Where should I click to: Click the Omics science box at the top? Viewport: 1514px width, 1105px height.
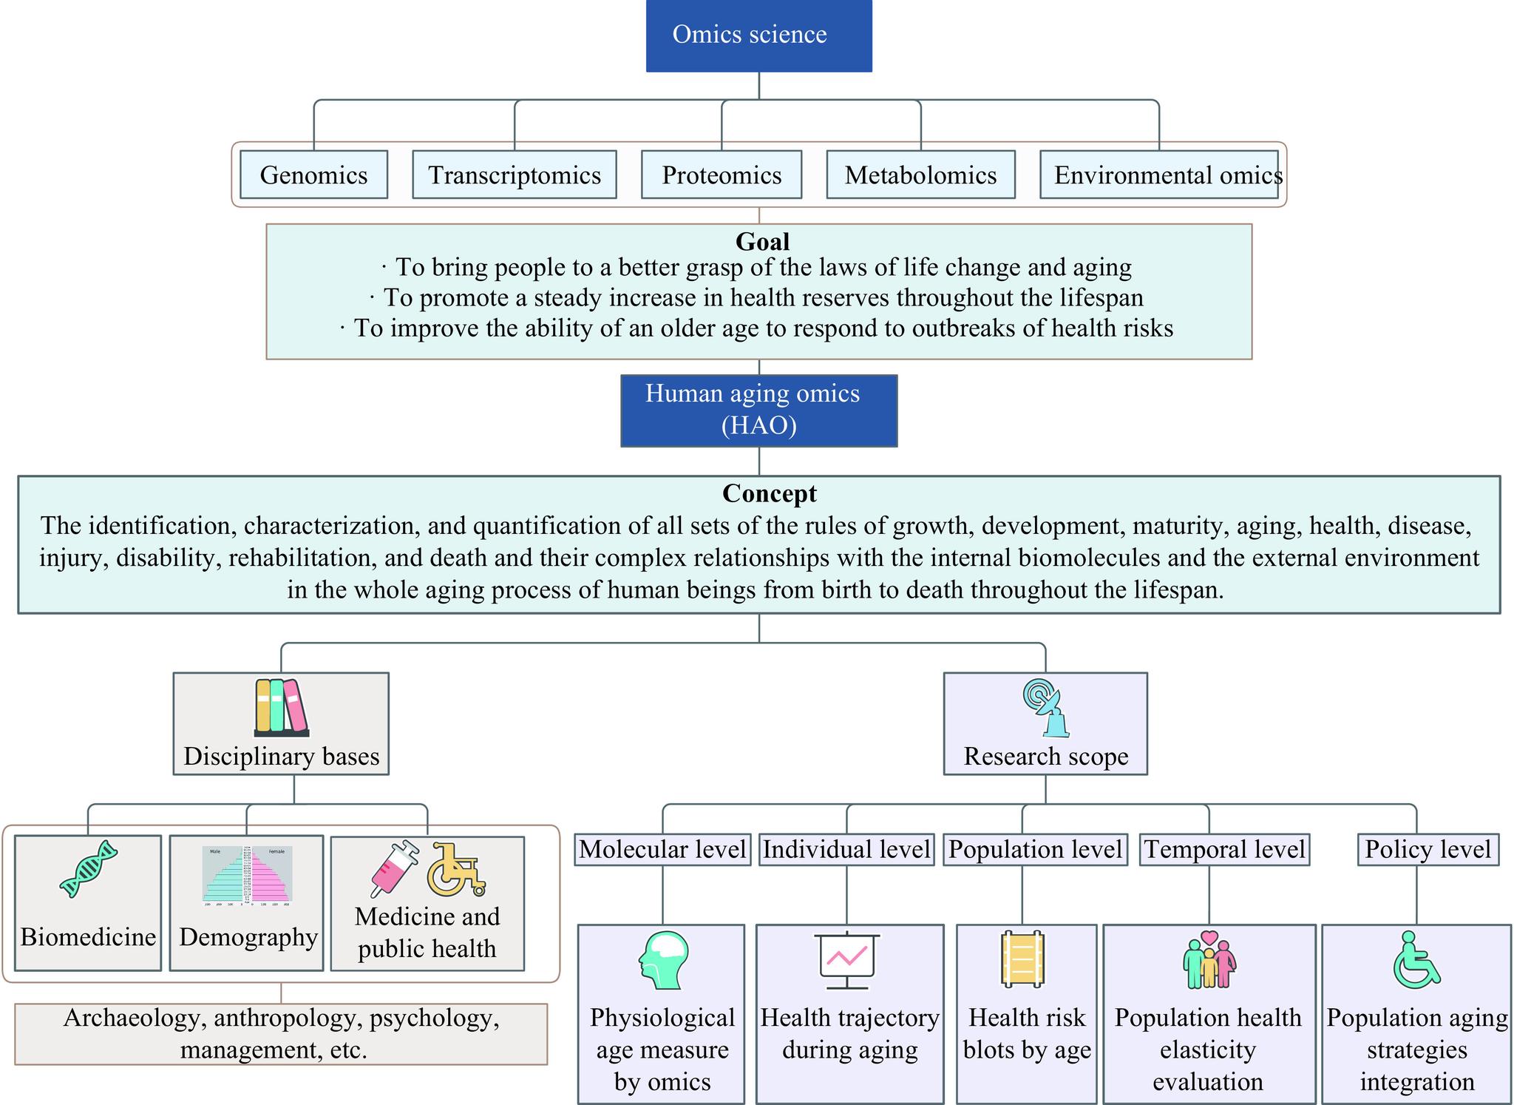click(758, 36)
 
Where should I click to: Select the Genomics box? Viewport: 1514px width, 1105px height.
click(313, 175)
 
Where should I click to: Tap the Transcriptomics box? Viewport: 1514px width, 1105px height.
click(514, 175)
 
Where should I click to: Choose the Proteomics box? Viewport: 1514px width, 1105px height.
click(721, 175)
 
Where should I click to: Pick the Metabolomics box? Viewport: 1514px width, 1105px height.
click(920, 175)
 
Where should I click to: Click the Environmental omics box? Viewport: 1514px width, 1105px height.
click(1158, 175)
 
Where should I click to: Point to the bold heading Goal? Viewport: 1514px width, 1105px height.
click(762, 242)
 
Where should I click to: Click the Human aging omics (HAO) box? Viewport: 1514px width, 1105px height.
click(758, 410)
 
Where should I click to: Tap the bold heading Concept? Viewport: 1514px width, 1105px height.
click(769, 493)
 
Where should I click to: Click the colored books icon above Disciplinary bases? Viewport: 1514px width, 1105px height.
click(281, 707)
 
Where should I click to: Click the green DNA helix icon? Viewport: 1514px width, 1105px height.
click(89, 869)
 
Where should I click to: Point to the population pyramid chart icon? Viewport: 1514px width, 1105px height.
click(248, 876)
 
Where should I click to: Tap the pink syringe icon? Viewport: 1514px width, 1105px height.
click(394, 869)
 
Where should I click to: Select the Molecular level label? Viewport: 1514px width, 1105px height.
click(662, 849)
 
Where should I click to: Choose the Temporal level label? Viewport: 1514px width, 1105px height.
click(1224, 849)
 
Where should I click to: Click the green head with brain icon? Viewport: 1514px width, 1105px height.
click(663, 960)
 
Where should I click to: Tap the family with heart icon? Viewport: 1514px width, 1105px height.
click(1209, 959)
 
